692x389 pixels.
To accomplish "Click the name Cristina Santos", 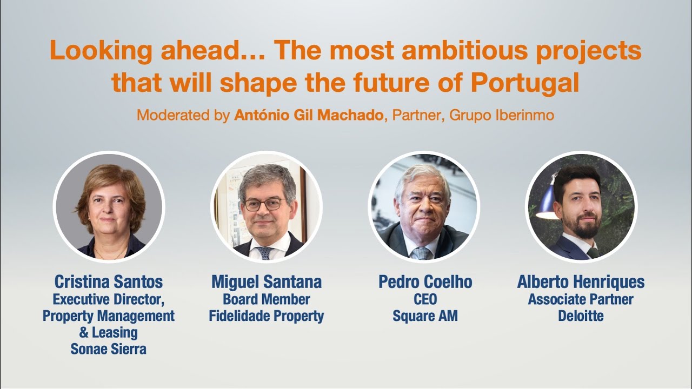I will pos(109,281).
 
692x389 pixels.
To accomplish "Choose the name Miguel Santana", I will pos(267,281).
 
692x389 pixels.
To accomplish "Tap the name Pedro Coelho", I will pos(425,281).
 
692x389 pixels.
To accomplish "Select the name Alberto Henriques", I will pos(581,281).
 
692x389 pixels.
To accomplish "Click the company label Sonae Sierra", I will pos(109,349).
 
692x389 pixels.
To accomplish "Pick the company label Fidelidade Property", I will pos(267,316).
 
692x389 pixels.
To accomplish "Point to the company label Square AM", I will pos(425,316).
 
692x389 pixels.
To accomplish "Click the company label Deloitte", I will pos(581,316).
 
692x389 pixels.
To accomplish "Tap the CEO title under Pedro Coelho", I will pos(425,299).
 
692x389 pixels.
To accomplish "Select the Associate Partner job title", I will pos(581,299).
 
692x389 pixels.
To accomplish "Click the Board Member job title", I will pos(267,299).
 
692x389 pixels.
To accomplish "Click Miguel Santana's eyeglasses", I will pos(263,205).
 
